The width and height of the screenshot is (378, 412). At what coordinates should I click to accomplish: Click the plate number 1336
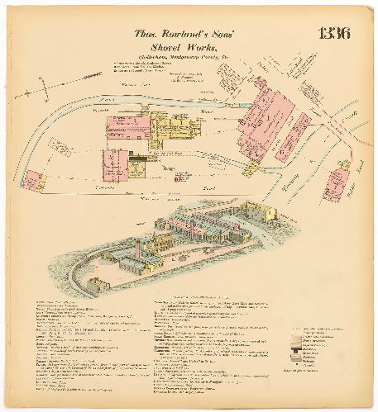333,34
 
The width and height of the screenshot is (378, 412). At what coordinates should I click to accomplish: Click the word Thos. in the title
148,35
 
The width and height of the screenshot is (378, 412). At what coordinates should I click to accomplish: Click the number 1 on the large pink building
263,121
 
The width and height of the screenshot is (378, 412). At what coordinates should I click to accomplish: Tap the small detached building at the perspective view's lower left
97,286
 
